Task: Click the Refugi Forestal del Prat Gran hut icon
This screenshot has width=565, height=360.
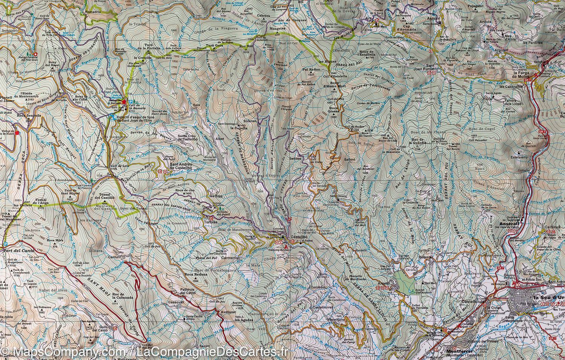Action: tap(35, 54)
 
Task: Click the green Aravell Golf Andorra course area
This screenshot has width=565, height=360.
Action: tap(402, 281)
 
